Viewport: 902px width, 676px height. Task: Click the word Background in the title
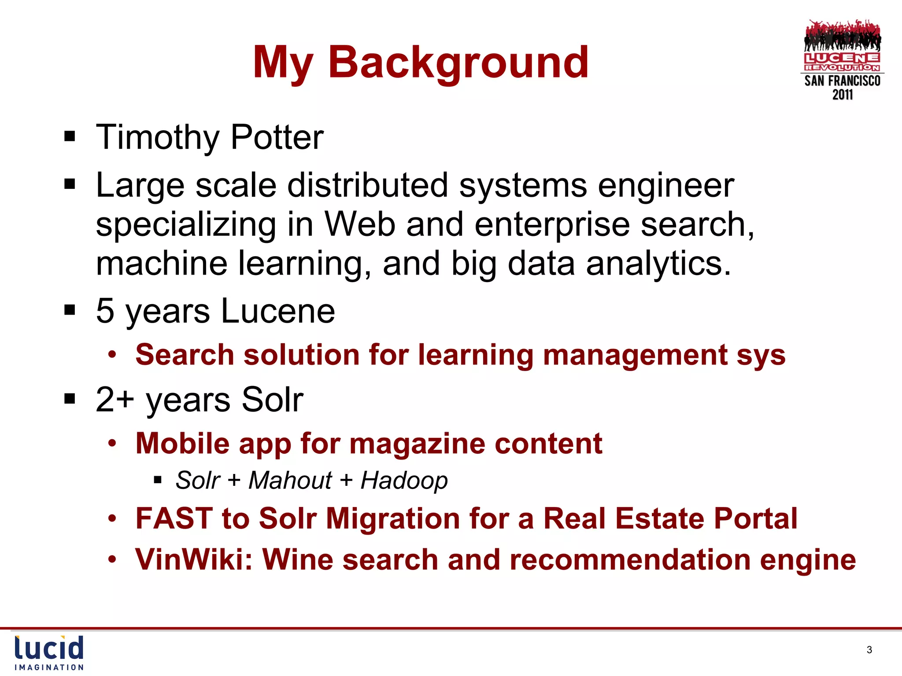coord(458,62)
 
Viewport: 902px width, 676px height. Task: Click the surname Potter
coord(277,137)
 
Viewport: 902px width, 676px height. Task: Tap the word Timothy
coord(157,137)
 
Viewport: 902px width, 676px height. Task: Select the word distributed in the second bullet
coord(367,185)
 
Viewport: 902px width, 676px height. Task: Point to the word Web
coord(359,224)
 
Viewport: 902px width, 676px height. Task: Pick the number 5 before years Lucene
coord(105,311)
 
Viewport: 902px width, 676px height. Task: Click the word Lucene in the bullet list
coord(277,311)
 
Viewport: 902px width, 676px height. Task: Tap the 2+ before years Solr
coord(115,400)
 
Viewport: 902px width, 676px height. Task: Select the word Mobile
coord(182,443)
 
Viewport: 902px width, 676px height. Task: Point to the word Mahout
coord(290,480)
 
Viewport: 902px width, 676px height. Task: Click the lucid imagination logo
coord(49,653)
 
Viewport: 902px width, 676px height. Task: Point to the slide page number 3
coord(869,650)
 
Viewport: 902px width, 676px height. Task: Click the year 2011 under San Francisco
coord(842,95)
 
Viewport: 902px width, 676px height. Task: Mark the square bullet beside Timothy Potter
coord(70,136)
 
